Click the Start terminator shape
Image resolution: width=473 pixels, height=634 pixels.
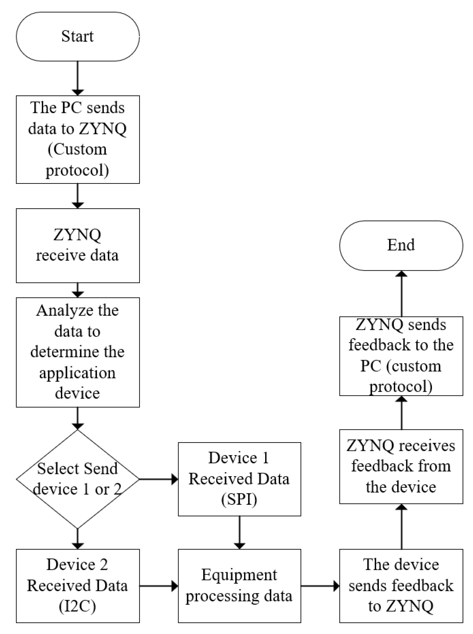click(77, 37)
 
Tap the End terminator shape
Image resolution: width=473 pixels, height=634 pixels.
click(401, 246)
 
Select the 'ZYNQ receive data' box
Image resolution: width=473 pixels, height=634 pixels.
click(77, 245)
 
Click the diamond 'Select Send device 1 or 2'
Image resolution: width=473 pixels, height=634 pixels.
click(77, 479)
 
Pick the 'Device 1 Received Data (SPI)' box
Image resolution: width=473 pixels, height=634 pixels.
click(239, 479)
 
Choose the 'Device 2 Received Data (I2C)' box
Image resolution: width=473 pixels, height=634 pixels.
click(77, 586)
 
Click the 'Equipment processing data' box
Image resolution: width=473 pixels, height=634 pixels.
click(239, 586)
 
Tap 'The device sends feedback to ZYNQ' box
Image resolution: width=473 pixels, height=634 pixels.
click(401, 586)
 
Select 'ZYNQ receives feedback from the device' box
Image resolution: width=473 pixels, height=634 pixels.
click(401, 466)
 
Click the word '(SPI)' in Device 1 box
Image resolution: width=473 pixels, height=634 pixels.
click(239, 499)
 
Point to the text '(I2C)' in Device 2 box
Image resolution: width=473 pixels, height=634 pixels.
click(77, 606)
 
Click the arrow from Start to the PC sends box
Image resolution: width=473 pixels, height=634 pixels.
click(77, 78)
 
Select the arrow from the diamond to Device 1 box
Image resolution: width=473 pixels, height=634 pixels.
click(158, 479)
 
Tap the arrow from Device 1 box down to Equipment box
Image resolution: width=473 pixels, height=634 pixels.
click(239, 532)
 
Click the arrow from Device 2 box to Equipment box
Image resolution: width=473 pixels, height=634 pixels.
click(158, 586)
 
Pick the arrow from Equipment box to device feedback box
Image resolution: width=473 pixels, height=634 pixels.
click(320, 586)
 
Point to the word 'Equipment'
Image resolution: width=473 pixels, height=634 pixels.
click(239, 575)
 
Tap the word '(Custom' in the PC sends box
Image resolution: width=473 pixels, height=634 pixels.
click(77, 149)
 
